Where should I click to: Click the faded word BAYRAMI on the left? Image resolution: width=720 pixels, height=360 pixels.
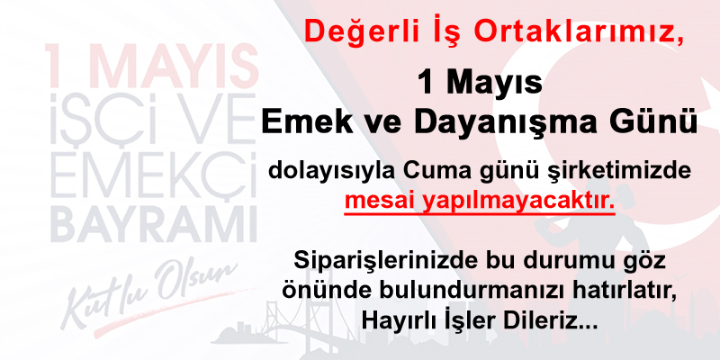(154, 226)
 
